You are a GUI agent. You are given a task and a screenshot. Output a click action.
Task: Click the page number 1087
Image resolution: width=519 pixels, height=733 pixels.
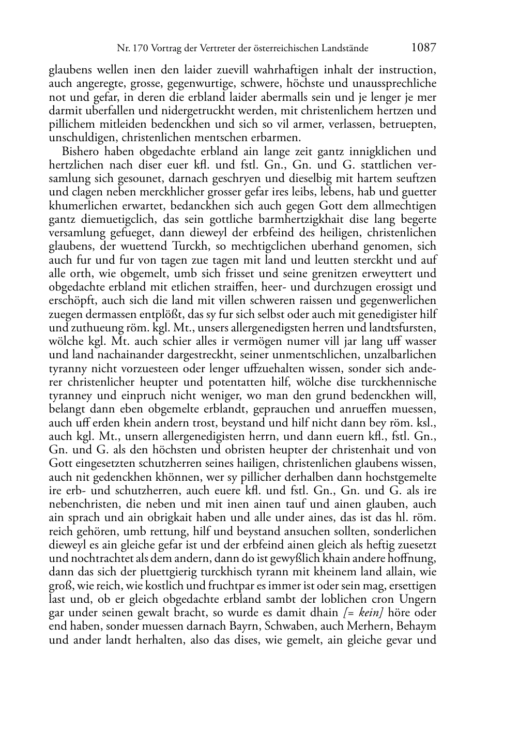point(423,48)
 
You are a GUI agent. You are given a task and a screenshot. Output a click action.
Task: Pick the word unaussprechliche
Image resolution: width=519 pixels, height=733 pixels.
point(399,83)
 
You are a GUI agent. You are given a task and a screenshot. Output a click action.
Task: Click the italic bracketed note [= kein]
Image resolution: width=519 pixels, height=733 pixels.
point(363,613)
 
